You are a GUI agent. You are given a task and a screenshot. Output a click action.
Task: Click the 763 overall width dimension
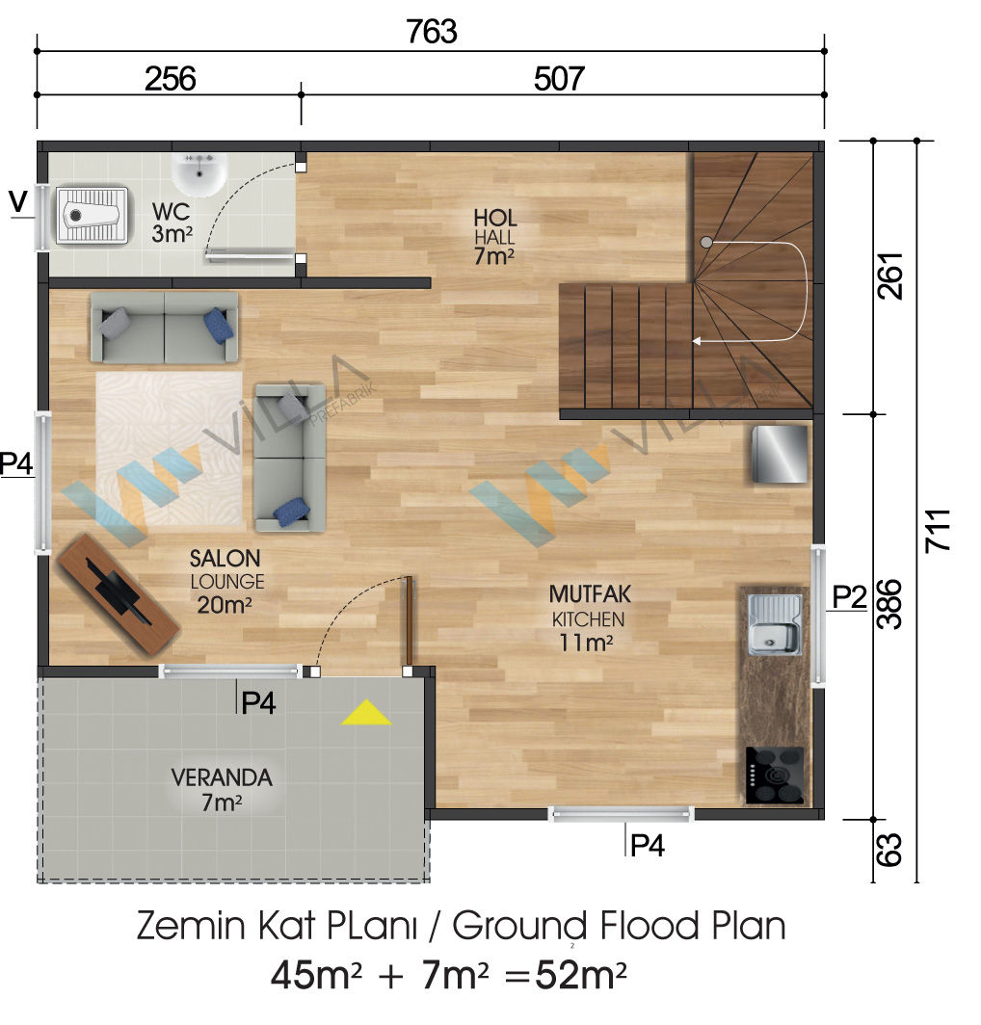432,32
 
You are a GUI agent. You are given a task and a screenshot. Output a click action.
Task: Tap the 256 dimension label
170,79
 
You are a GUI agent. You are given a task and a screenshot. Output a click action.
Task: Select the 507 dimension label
559,79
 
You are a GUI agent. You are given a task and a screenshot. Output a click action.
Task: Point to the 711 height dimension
938,530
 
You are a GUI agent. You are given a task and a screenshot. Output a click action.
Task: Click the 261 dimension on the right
890,276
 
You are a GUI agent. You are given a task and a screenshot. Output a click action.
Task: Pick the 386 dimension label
890,604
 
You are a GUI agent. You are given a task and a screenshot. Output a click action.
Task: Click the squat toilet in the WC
91,215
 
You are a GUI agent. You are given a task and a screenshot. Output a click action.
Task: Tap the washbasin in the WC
199,173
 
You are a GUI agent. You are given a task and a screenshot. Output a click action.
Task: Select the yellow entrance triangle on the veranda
366,713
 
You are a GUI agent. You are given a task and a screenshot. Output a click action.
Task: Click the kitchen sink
775,624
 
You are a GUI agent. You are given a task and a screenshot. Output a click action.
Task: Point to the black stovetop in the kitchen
775,775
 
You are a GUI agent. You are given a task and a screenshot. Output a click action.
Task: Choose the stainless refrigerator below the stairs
780,455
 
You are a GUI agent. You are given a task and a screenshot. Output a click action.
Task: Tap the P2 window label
849,596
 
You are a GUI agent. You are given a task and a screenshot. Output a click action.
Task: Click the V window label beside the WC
19,201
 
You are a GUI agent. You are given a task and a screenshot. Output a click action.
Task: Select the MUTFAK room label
590,594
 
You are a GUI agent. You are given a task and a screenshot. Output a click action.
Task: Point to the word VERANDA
222,778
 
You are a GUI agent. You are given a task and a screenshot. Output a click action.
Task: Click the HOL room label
495,218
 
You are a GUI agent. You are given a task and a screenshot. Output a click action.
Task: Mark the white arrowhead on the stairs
697,341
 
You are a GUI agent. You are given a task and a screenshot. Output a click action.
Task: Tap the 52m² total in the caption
581,976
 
